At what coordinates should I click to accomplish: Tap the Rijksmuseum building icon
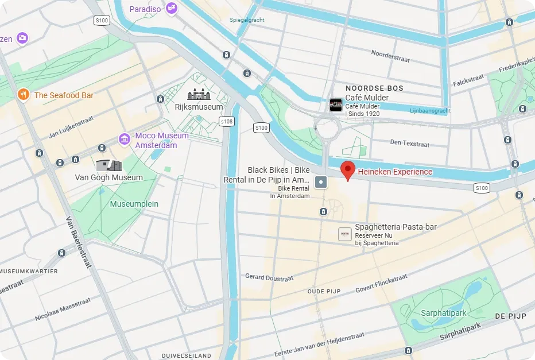(x=199, y=94)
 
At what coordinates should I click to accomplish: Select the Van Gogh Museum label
(x=108, y=177)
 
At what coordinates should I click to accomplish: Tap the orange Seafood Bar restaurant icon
(x=23, y=95)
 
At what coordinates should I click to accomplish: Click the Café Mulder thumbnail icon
(x=335, y=104)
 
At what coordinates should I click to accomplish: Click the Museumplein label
(x=134, y=204)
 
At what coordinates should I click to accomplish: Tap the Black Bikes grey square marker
(x=321, y=183)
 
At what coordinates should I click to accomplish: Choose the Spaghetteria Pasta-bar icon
(x=344, y=234)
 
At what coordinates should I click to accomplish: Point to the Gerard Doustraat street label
(x=269, y=277)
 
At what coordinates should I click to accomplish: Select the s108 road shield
(x=227, y=121)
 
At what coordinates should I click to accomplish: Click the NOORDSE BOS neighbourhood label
(x=374, y=88)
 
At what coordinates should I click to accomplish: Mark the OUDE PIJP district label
(x=324, y=291)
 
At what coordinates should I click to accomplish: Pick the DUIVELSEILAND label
(x=187, y=355)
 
